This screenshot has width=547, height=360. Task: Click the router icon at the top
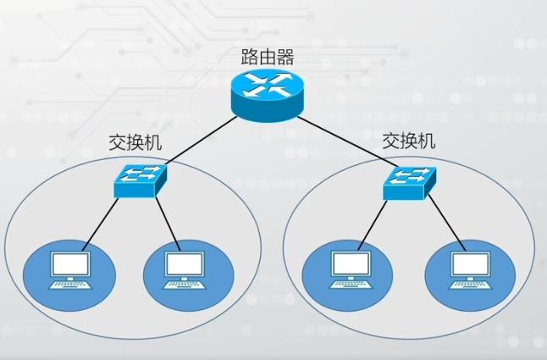tap(268, 92)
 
